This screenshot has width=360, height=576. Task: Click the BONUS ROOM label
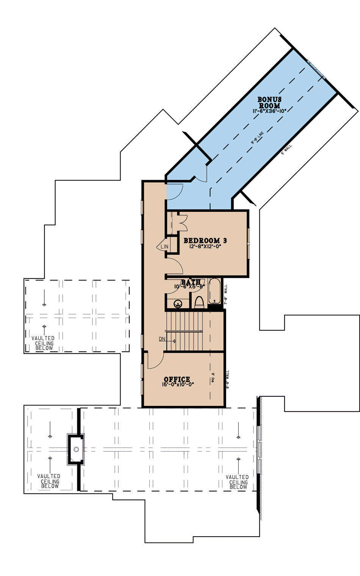pos(269,103)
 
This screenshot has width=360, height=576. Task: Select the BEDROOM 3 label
pos(205,240)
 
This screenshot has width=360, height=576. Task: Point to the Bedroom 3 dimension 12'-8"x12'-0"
pos(205,246)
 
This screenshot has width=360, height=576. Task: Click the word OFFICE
pos(177,379)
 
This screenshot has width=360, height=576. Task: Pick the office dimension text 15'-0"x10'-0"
pos(178,384)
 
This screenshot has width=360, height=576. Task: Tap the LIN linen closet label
pos(164,247)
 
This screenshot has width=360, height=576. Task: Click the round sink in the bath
pos(178,304)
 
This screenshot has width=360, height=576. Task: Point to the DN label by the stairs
pos(162,339)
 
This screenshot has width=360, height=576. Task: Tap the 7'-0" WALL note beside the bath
pos(226,295)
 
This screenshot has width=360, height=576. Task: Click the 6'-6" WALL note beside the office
pos(227,380)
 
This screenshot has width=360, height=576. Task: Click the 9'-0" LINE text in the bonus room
pos(257,138)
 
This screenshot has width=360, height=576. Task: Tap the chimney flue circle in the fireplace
pos(76,449)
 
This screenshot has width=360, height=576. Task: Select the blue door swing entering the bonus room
pos(175,192)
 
